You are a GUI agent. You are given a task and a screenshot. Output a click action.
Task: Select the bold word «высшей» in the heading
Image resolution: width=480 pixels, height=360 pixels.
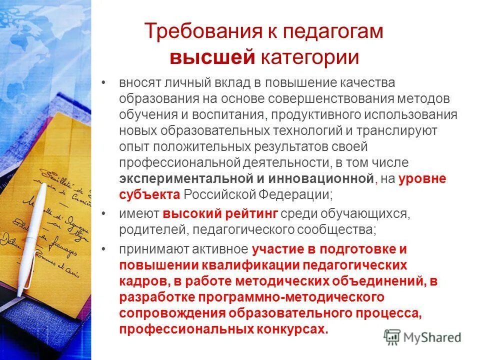[213, 57]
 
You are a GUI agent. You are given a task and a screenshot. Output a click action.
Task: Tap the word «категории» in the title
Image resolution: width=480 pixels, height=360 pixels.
[309, 57]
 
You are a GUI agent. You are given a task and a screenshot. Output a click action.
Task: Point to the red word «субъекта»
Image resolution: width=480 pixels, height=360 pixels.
[149, 194]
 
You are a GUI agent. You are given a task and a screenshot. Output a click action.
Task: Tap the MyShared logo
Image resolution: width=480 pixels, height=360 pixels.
[422, 336]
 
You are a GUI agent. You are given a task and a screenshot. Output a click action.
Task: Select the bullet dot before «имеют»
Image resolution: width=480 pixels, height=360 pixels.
[103, 214]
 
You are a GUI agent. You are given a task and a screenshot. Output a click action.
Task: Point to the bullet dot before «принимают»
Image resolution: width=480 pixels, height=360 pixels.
[103, 248]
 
